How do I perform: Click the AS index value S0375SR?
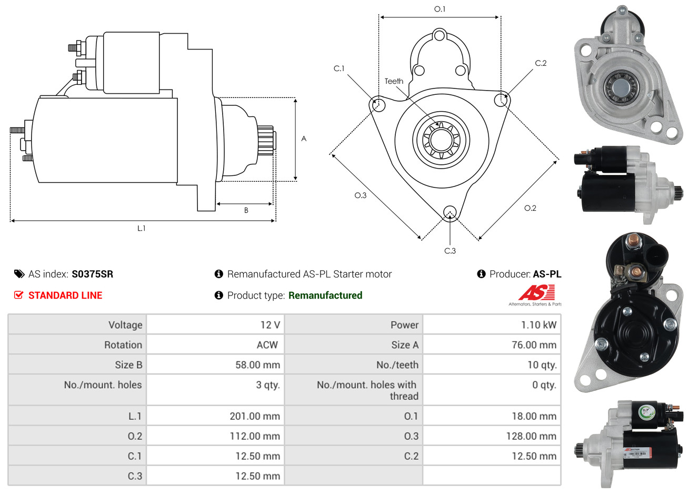click(92, 274)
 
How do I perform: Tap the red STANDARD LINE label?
click(65, 295)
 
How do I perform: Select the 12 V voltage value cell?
click(270, 325)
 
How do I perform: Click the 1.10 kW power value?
click(538, 325)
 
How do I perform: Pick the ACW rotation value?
click(267, 345)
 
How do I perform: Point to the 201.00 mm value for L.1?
click(255, 416)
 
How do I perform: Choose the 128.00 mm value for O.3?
click(534, 436)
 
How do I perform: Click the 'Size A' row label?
click(405, 345)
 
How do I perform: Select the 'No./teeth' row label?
click(397, 365)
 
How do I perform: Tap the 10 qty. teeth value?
click(542, 365)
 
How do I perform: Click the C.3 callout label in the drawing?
click(450, 251)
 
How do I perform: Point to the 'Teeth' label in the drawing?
click(394, 81)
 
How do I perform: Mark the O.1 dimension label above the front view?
click(440, 9)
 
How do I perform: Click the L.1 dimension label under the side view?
click(141, 228)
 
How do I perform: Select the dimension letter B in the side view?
click(246, 210)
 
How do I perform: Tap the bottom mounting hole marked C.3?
click(450, 212)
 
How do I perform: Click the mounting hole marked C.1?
click(378, 104)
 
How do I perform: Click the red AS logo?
click(536, 293)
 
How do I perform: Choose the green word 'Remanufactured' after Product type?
click(325, 295)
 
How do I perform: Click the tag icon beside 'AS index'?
click(19, 274)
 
